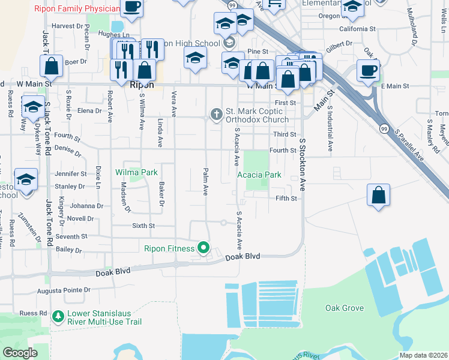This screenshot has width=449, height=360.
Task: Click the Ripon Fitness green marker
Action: (204, 247)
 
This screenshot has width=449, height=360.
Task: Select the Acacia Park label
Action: (259, 175)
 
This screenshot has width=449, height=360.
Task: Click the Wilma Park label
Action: (136, 173)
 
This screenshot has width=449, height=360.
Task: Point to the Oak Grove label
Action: (345, 308)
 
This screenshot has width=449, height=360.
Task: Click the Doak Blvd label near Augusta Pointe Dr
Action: (113, 273)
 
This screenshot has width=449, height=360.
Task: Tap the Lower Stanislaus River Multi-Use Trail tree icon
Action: (58, 316)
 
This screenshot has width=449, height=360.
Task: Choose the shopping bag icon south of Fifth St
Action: (378, 196)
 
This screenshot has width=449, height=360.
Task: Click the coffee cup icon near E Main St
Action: (369, 70)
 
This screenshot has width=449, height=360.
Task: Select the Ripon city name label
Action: (142, 85)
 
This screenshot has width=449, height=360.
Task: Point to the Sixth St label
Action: (143, 226)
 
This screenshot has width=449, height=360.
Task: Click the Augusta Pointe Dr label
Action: (71, 290)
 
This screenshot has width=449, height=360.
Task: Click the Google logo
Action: (20, 353)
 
